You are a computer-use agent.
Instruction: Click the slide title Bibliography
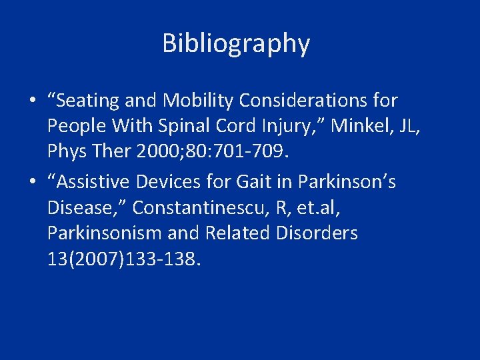click(236, 43)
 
